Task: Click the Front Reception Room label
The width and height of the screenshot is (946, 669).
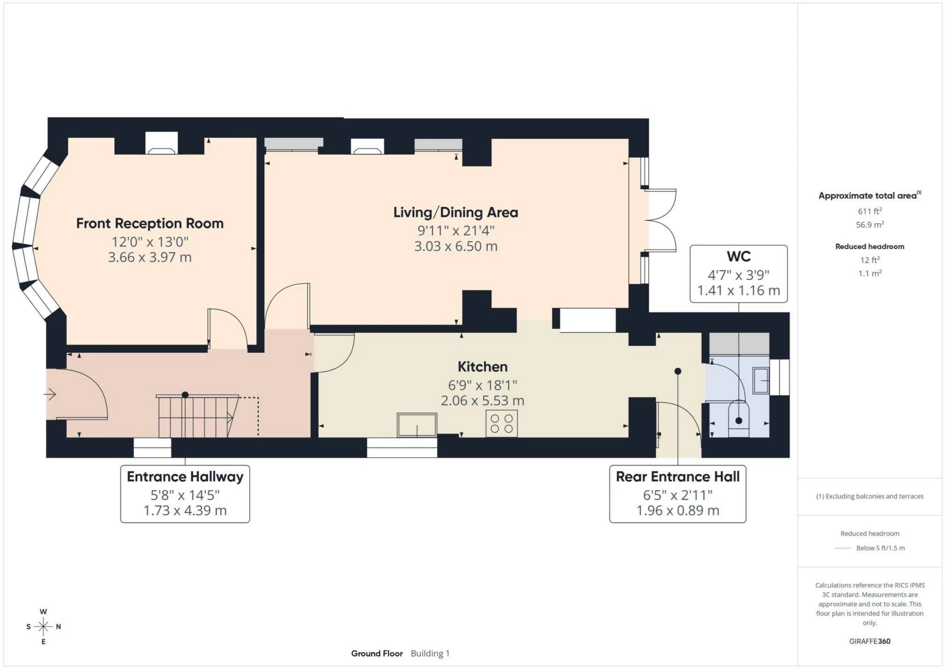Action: tap(150, 224)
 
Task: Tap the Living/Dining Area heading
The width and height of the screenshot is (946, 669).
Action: tap(455, 212)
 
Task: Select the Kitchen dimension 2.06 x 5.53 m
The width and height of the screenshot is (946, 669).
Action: tap(482, 401)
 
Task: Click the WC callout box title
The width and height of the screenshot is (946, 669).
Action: tap(738, 257)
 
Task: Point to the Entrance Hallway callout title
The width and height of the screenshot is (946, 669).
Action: tap(185, 477)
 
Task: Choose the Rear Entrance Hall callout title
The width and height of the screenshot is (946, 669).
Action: tap(677, 477)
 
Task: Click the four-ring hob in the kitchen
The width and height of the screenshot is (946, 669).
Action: tap(502, 424)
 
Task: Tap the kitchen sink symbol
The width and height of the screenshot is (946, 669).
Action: tap(417, 425)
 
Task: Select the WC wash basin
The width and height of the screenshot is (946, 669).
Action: tap(761, 380)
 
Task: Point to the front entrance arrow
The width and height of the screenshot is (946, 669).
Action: tap(50, 394)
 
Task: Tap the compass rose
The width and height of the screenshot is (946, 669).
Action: tap(43, 627)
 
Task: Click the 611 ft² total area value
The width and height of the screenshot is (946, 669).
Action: tap(869, 211)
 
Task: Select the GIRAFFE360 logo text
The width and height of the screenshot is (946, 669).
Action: tap(870, 641)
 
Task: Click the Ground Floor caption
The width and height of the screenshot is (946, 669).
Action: tap(376, 654)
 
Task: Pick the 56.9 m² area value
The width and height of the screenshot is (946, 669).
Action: tap(869, 225)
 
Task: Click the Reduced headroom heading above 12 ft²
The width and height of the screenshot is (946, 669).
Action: tap(869, 246)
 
